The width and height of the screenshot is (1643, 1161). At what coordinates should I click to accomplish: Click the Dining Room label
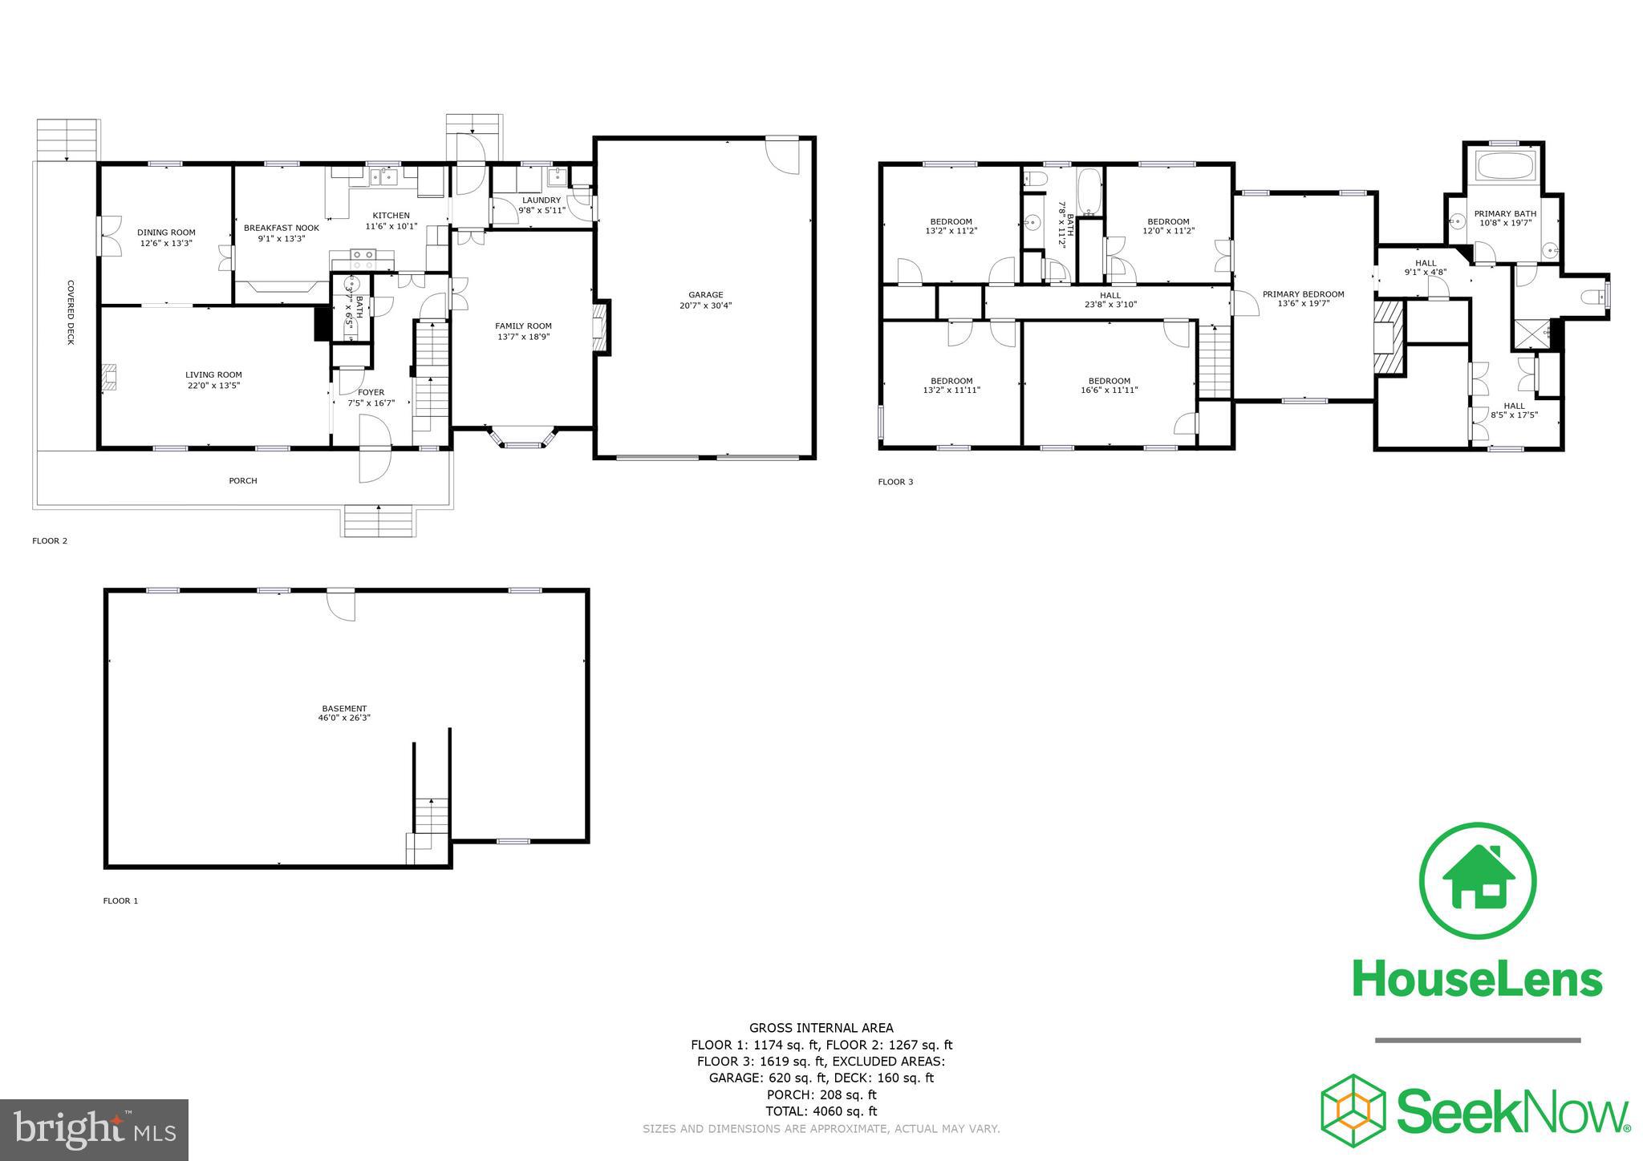click(x=166, y=233)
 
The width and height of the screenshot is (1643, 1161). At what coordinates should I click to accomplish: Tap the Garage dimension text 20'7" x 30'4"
click(x=705, y=305)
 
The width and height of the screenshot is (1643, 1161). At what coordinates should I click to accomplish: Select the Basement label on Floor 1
click(x=344, y=708)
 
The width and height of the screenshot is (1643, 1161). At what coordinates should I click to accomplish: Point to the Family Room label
click(x=523, y=326)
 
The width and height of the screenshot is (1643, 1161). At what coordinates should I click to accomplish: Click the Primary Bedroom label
click(x=1303, y=294)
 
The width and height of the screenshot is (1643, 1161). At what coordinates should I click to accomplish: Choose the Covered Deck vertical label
click(x=71, y=312)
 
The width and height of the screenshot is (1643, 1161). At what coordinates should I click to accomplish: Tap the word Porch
click(x=243, y=481)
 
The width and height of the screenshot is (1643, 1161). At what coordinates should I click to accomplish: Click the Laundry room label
click(x=542, y=200)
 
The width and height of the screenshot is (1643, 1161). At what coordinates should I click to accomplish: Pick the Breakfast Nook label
click(x=281, y=228)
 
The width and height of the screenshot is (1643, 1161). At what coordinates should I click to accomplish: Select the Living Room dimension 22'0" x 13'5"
click(x=213, y=386)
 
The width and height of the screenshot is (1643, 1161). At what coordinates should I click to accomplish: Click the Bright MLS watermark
click(x=94, y=1131)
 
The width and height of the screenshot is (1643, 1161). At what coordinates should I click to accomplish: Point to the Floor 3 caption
click(x=895, y=482)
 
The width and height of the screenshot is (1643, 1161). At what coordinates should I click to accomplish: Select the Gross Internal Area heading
click(x=821, y=1028)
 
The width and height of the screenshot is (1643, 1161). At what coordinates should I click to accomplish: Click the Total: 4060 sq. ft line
click(x=821, y=1111)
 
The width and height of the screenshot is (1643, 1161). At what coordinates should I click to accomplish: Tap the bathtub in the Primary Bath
click(x=1505, y=167)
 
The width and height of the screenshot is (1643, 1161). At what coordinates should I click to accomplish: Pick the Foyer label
click(x=371, y=392)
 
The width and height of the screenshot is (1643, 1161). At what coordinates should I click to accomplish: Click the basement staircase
click(x=432, y=822)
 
